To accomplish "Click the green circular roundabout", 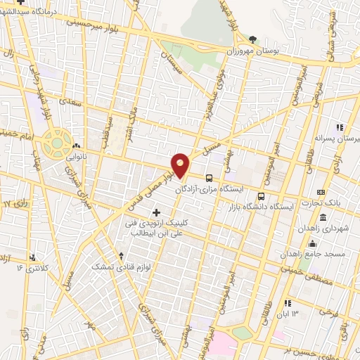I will pyautogui.click(x=54, y=143).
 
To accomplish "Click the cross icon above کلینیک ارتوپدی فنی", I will pyautogui.click(x=155, y=212).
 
